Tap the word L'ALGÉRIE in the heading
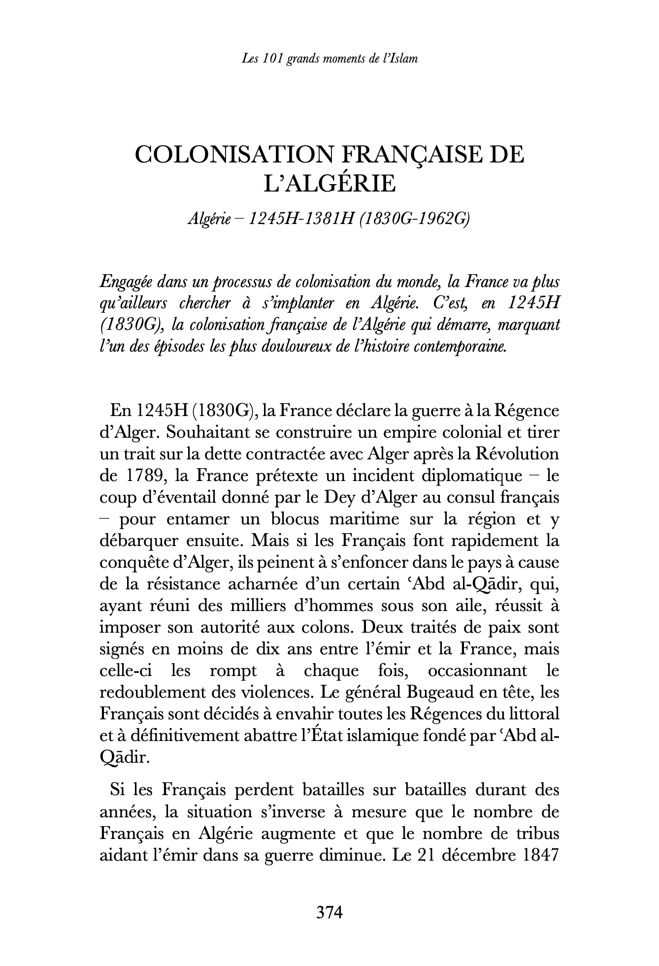(329, 184)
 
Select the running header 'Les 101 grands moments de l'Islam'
(329, 59)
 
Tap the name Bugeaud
(437, 693)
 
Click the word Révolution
(516, 454)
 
